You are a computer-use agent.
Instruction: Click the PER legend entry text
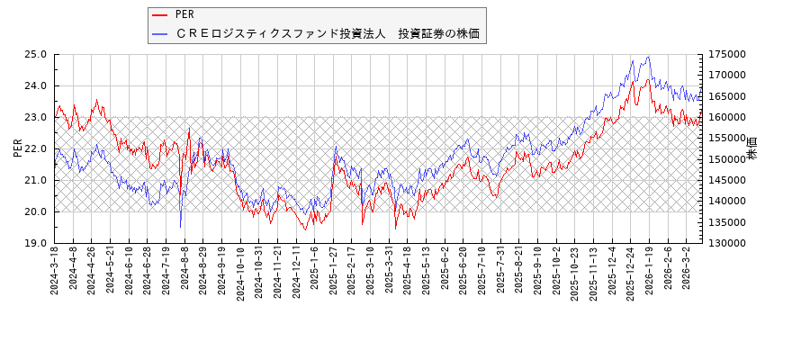(x=184, y=15)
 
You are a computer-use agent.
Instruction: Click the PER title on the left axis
(x=18, y=148)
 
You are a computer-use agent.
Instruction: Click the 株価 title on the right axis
(x=752, y=148)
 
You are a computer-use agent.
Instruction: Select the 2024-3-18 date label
(x=55, y=271)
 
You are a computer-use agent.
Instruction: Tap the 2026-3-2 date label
(x=687, y=269)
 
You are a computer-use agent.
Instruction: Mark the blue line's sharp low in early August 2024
(x=180, y=227)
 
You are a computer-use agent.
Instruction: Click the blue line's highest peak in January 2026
(x=648, y=57)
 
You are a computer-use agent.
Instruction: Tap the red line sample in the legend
(x=160, y=15)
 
